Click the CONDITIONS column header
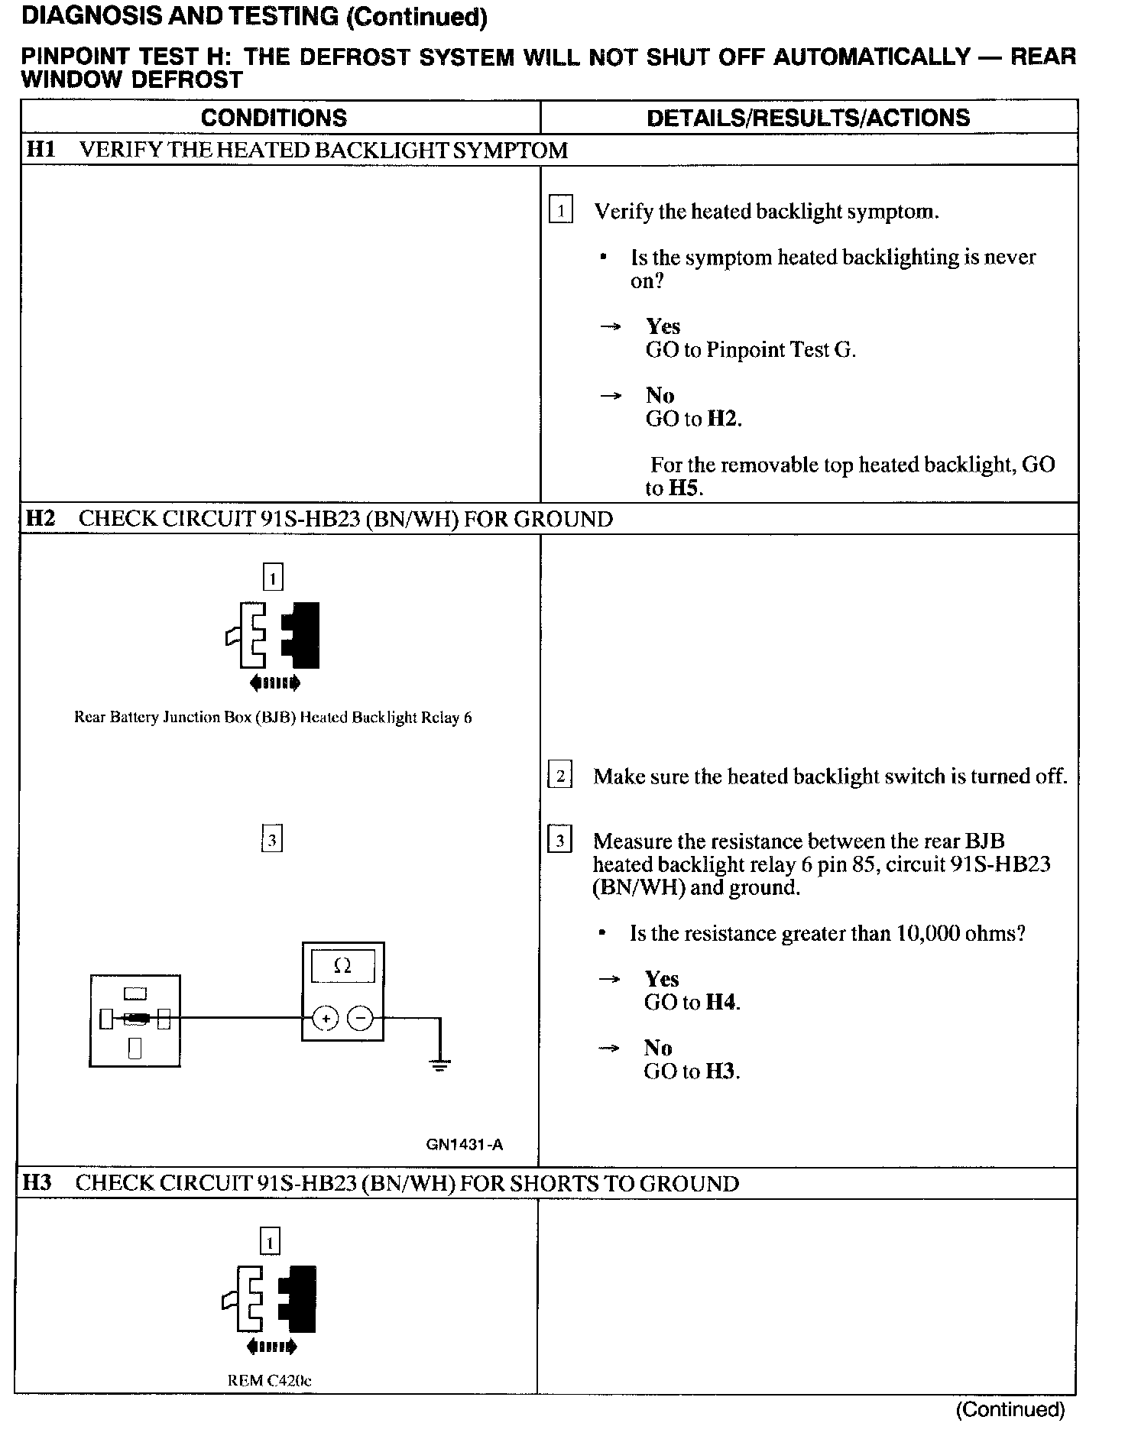coord(274,118)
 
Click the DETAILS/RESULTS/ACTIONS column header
coord(808,118)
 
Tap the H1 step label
coord(41,150)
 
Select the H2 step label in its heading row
coord(41,519)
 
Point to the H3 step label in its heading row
coord(37,1184)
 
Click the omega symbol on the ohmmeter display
coord(343,967)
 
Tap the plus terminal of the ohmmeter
coord(326,1019)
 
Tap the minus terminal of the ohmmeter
coord(361,1019)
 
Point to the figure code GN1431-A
coord(465,1145)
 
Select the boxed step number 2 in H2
coord(560,776)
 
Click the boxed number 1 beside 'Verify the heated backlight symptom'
coord(561,210)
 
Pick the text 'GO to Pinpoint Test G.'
coord(751,350)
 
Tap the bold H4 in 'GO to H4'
coord(721,1003)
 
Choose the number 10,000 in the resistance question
coord(922,934)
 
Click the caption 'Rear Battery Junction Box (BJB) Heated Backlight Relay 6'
coord(273,718)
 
